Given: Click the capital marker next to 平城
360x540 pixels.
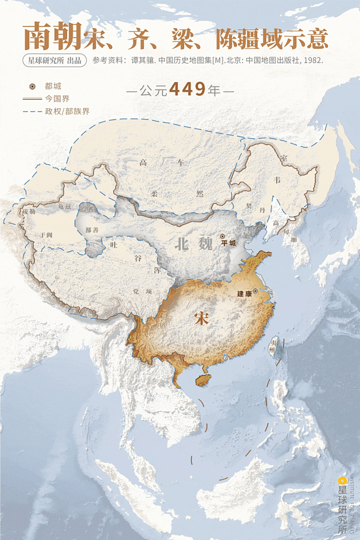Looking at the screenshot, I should pos(222,236).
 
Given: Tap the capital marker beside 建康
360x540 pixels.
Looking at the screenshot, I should pos(255,291).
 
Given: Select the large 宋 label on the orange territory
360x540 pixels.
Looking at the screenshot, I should pos(202,319).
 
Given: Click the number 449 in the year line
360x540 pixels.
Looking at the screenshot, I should pos(187,89).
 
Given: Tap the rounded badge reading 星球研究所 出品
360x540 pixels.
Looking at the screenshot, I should pos(54,60).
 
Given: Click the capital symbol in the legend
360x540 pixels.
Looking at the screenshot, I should pos(31,86).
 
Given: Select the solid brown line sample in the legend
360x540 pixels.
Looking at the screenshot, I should pos(31,99).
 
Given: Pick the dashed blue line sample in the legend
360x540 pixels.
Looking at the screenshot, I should pos(31,111).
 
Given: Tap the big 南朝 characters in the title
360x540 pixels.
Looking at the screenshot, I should pos(52,37).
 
